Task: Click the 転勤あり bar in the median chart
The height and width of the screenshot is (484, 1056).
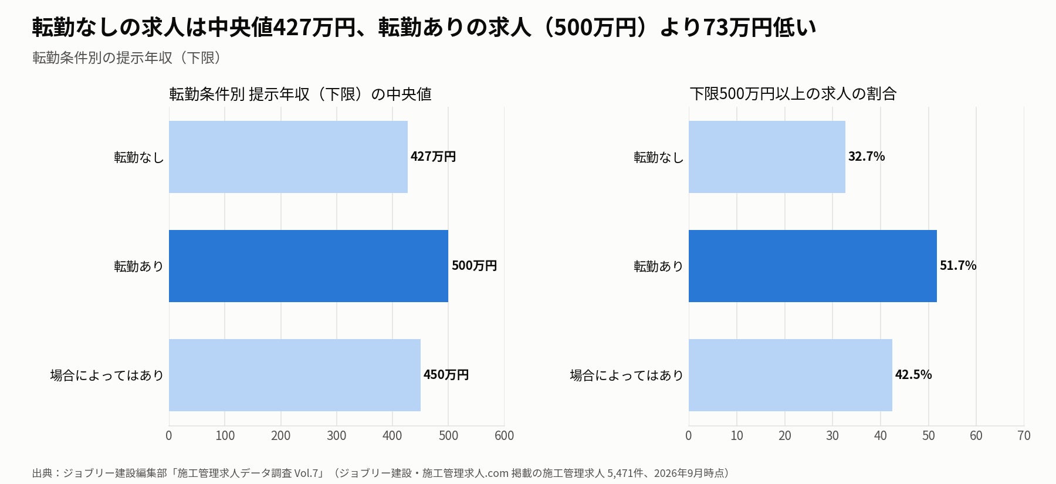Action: click(309, 266)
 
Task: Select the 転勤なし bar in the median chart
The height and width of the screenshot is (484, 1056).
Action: click(288, 157)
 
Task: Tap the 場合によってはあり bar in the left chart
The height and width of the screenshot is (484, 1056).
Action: click(295, 375)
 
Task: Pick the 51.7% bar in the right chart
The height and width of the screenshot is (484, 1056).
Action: click(813, 266)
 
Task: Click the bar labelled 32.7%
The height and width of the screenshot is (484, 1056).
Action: click(767, 157)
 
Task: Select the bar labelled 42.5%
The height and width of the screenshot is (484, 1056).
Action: click(790, 375)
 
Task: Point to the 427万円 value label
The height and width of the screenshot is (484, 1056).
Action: click(433, 157)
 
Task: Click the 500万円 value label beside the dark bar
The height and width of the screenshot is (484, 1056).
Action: click(474, 266)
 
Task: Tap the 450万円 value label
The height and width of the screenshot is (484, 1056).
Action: click(446, 375)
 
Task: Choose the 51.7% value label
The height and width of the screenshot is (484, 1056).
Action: click(958, 266)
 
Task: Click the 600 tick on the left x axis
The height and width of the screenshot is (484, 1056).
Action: click(504, 435)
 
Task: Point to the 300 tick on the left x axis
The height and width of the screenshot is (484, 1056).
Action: click(337, 435)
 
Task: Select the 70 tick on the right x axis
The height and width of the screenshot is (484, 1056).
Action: click(1024, 435)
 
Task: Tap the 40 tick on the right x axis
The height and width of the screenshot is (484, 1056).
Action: click(880, 435)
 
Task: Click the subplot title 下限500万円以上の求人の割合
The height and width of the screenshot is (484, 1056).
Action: click(793, 94)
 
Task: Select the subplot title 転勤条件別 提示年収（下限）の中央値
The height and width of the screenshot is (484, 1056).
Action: click(300, 94)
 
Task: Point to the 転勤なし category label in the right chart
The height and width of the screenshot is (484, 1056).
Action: click(658, 157)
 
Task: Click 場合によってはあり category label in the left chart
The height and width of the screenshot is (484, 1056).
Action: click(107, 375)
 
